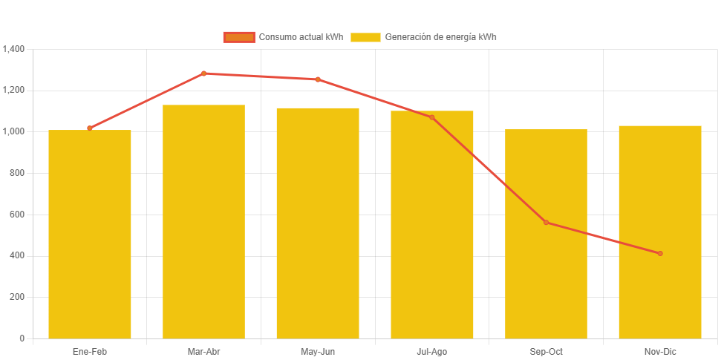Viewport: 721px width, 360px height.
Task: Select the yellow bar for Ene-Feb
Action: (90, 234)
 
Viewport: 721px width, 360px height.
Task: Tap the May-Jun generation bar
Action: (318, 223)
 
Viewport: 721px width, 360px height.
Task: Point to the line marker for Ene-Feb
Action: (90, 128)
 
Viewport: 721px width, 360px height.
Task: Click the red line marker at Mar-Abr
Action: (203, 73)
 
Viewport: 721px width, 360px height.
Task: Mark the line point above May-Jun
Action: (318, 79)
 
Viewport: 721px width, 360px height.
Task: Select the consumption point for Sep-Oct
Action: (546, 223)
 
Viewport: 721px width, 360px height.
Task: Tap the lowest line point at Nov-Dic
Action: (659, 254)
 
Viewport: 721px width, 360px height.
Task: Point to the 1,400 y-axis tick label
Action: (14, 49)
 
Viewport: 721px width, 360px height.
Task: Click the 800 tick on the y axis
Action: (17, 173)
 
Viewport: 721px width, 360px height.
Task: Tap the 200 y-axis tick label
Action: (17, 297)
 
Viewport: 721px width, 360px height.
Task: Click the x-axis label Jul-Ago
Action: (431, 352)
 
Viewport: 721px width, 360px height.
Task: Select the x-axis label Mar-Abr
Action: (203, 352)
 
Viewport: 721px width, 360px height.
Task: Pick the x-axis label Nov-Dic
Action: (659, 352)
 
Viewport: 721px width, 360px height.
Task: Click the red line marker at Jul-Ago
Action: (431, 117)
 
